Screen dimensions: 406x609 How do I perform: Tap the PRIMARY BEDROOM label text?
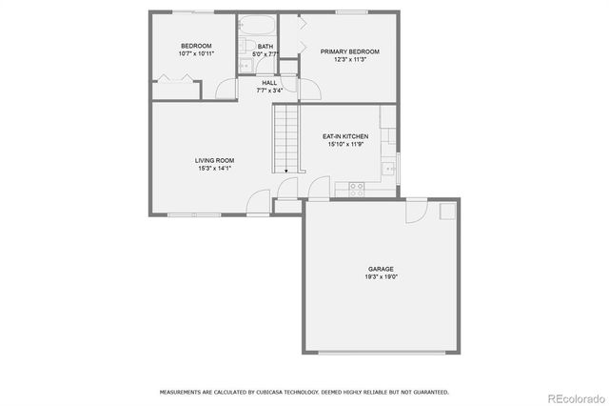(x=349, y=51)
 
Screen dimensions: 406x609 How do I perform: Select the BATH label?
(x=265, y=46)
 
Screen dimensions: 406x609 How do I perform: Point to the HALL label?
(x=269, y=83)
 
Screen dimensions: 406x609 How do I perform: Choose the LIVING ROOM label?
(x=215, y=160)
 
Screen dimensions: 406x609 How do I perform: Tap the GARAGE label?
(x=381, y=269)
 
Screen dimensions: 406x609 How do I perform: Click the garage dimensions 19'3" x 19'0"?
(x=381, y=276)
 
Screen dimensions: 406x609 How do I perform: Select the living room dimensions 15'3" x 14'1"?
(x=215, y=168)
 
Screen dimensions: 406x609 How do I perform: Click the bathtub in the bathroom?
(x=257, y=25)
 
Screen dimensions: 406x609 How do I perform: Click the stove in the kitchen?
(x=357, y=188)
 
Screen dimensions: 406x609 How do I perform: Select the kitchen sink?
(x=387, y=169)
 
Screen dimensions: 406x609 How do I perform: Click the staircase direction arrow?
(x=285, y=168)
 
